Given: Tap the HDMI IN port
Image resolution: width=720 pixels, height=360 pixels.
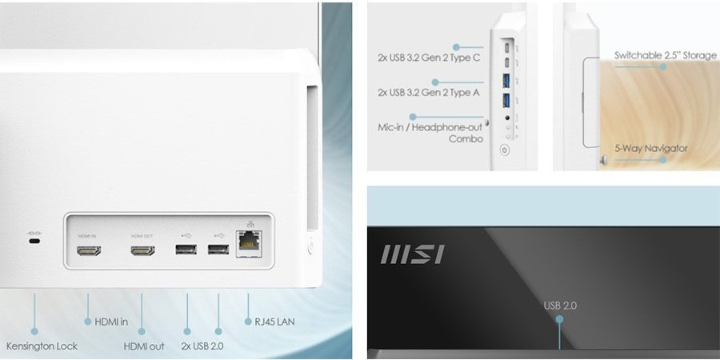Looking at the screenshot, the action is point(89,250).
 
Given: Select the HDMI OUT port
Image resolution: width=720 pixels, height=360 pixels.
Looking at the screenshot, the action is point(142,250).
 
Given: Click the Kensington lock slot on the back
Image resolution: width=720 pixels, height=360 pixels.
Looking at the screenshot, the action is point(34,241).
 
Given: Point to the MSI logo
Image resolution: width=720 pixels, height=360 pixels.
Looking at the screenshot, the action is point(412,254).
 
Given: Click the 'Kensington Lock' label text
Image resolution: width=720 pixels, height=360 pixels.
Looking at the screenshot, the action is point(42,346).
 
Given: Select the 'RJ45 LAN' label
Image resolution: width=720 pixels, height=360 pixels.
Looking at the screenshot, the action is point(274,322).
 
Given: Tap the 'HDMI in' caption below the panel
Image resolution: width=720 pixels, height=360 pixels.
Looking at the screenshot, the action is point(111,322).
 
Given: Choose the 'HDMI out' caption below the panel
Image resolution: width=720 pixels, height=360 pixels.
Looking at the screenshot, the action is point(144,346).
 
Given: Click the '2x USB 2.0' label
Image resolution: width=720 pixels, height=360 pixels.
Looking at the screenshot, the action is point(202,346).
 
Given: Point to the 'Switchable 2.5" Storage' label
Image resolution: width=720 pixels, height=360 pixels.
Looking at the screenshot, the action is point(666,55).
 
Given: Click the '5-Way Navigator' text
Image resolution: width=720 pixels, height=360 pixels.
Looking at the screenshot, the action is point(651,148).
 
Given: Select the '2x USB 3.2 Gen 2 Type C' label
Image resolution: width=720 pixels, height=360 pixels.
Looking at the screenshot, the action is point(429,58).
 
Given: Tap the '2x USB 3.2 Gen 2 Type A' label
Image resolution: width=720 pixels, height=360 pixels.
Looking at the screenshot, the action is point(429,92).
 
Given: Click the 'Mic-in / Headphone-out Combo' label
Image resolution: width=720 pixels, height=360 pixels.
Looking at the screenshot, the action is point(430,133).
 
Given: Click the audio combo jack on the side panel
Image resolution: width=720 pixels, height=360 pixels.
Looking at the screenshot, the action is point(507,118).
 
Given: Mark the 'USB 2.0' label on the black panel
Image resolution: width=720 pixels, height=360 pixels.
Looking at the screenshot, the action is point(560,306).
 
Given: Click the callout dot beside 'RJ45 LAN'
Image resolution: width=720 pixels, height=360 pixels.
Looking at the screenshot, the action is point(249,322).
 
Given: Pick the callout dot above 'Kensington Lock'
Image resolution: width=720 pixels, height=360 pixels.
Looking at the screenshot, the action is point(34,331).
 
